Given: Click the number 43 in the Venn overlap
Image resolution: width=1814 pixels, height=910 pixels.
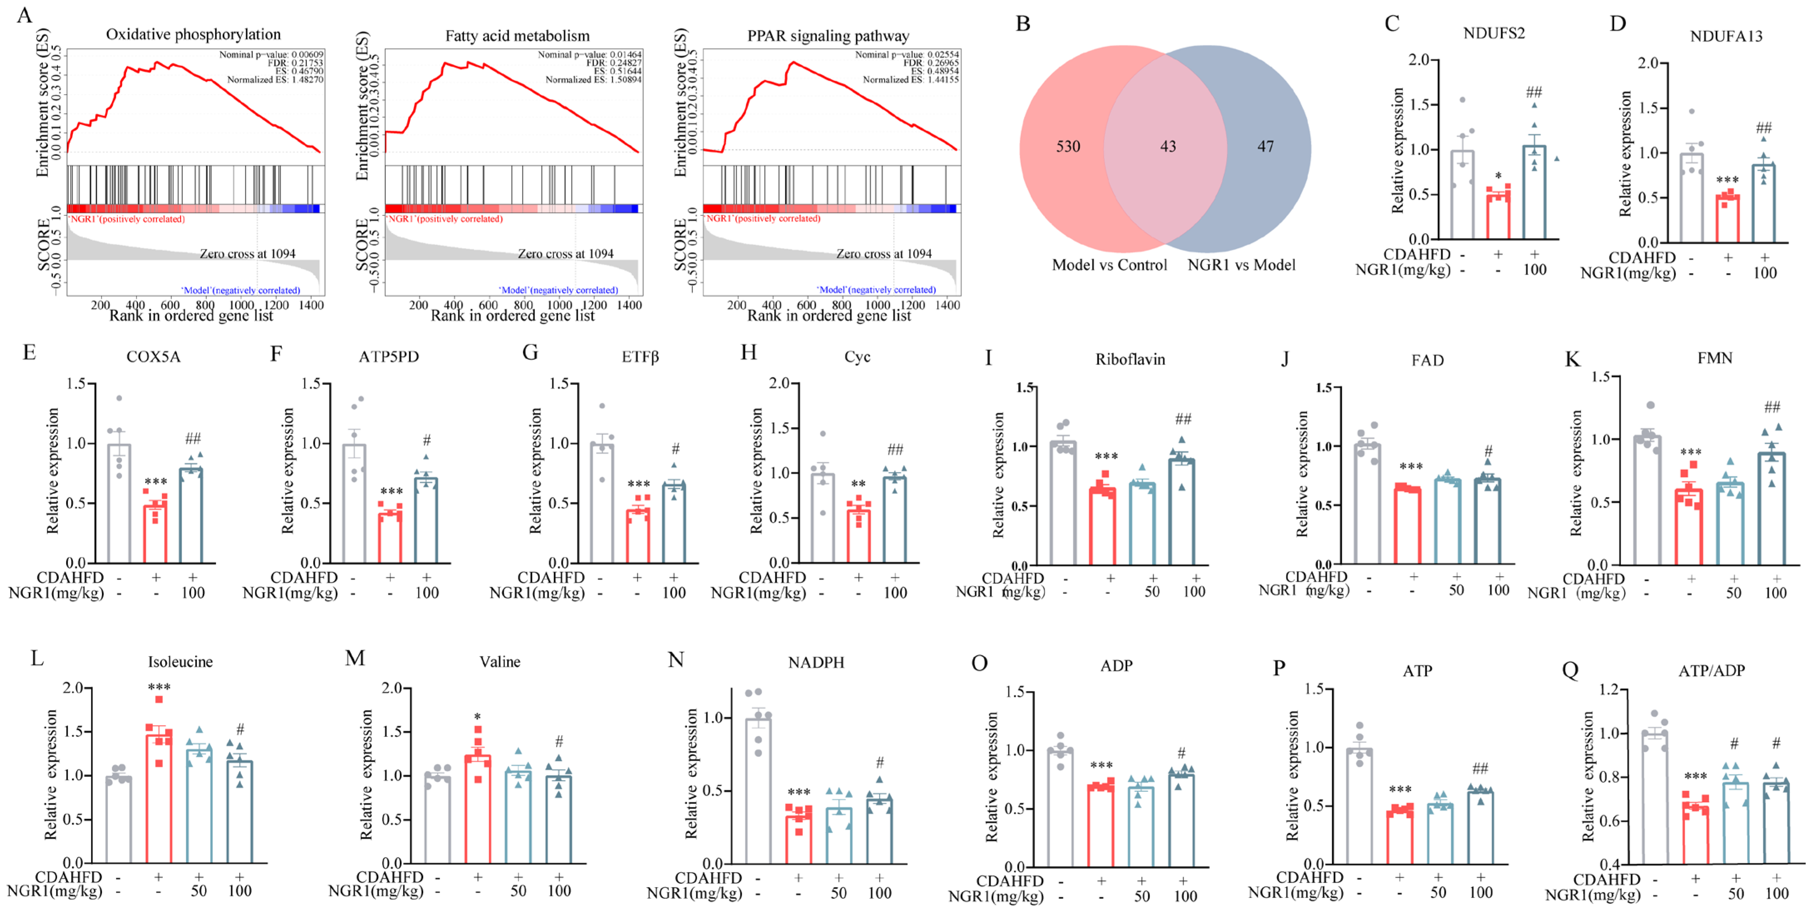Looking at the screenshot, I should click(x=1168, y=147).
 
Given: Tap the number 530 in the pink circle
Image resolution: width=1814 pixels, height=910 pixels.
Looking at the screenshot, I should click(x=1067, y=147).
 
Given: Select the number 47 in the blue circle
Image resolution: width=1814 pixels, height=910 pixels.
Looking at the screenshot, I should click(x=1266, y=147).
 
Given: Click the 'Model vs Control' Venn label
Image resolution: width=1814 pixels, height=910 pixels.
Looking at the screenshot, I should click(x=1109, y=265).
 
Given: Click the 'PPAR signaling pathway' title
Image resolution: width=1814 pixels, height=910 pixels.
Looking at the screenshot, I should click(x=828, y=35).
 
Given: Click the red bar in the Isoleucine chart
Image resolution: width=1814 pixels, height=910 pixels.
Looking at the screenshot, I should click(x=159, y=799).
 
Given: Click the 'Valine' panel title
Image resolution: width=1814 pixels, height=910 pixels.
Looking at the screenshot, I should click(x=500, y=661).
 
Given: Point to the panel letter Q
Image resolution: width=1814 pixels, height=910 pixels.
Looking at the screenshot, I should click(x=1570, y=669).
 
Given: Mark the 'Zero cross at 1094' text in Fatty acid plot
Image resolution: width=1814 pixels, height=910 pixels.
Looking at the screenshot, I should click(x=566, y=254).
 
